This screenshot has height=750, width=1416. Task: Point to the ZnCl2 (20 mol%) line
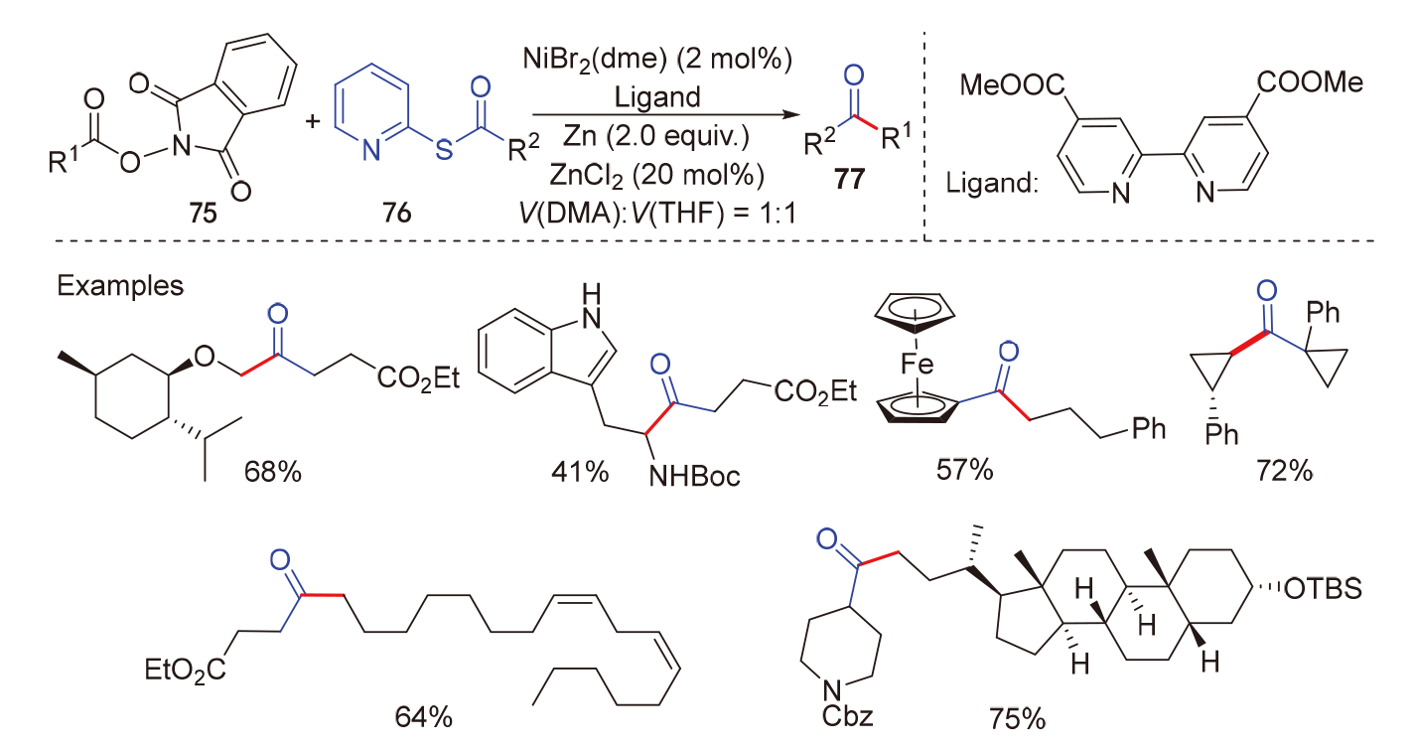pos(656,175)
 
